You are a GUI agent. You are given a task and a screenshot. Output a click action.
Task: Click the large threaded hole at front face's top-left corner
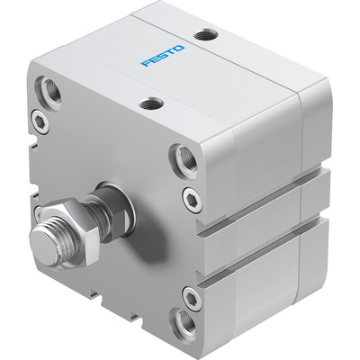47,92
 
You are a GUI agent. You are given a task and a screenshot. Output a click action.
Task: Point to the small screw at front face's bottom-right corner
189,295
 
